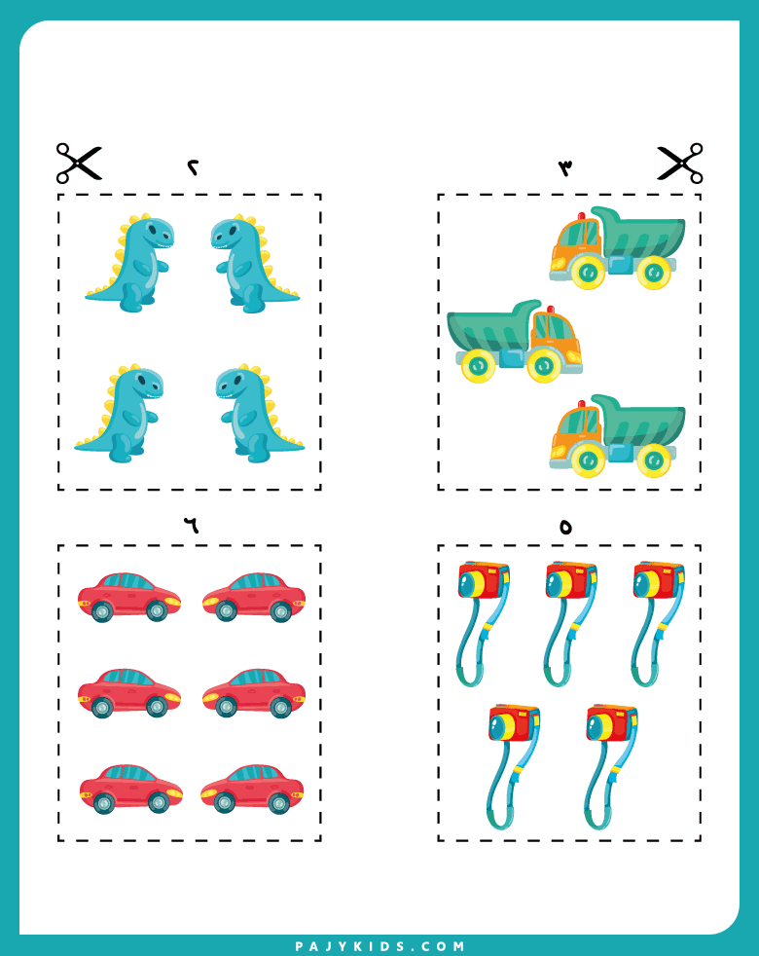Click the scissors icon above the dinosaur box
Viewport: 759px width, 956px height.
click(x=79, y=163)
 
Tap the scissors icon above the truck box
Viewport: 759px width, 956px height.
click(x=680, y=163)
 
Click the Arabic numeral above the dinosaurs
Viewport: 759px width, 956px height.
click(x=194, y=167)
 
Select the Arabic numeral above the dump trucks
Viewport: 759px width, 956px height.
click(x=565, y=167)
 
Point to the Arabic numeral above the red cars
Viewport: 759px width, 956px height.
click(x=192, y=525)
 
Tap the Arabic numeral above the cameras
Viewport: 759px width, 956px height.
click(x=565, y=527)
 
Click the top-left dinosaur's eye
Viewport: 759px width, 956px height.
click(x=151, y=231)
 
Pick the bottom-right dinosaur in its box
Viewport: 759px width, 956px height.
click(x=260, y=414)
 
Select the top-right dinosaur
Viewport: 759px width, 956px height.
click(x=255, y=264)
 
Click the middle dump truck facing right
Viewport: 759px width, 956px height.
click(x=514, y=342)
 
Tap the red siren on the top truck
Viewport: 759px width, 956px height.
click(x=581, y=215)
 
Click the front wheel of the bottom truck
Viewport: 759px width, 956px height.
click(x=588, y=460)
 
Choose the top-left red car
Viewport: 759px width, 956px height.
click(x=129, y=597)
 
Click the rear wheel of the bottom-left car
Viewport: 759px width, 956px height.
click(x=104, y=803)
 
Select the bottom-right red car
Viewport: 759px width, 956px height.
click(x=252, y=789)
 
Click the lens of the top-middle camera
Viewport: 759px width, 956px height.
click(x=556, y=585)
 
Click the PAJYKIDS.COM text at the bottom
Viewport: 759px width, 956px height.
click(x=379, y=946)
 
